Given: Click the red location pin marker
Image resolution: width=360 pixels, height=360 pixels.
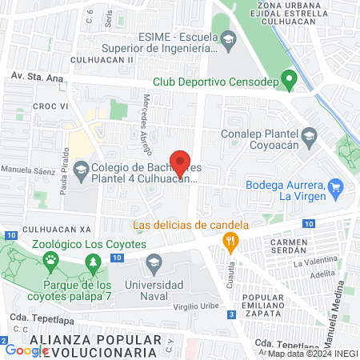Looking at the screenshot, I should point(181,162).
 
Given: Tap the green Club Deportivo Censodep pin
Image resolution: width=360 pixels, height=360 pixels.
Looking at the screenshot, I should point(290,80).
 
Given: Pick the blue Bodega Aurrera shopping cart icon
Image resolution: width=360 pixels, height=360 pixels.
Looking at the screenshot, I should point(336,190).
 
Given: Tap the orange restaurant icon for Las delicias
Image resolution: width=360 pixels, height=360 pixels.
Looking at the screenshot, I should point(231,240).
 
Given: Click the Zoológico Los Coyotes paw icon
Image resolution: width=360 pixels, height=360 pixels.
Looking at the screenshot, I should point(51,259).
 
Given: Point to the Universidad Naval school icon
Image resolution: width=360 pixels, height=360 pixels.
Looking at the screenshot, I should point(154,262).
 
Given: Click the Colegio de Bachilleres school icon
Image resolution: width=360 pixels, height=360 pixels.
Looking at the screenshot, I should point(81,169).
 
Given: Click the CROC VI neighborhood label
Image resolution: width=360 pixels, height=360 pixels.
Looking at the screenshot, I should point(48,105).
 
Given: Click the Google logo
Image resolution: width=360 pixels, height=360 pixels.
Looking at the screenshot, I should point(26,350).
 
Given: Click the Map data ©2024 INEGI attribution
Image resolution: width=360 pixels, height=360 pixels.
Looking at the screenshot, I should point(312,354).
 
